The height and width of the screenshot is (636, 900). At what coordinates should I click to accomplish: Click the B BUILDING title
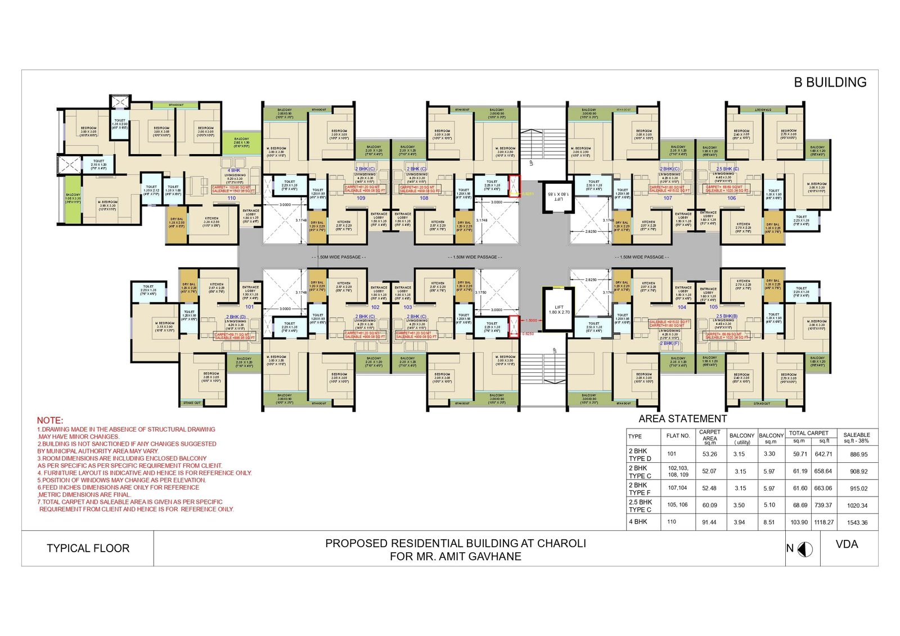(830, 82)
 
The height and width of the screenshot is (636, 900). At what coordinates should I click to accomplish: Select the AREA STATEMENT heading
(682, 419)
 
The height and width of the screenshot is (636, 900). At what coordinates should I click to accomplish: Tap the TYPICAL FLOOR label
(88, 548)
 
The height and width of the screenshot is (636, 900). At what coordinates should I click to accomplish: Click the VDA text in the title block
(847, 544)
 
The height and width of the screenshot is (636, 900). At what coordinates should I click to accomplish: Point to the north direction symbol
(805, 549)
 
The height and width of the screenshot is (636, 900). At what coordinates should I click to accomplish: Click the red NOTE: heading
(50, 421)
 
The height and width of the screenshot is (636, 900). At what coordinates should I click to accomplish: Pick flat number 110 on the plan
(231, 198)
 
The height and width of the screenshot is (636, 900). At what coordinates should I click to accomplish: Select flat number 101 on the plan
(249, 307)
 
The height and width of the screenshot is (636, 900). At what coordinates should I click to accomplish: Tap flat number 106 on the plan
(731, 198)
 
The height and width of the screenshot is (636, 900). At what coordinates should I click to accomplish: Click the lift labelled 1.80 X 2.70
(558, 309)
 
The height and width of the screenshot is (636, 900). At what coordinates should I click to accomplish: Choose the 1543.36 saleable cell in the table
(857, 522)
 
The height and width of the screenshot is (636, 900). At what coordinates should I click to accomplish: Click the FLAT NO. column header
(678, 436)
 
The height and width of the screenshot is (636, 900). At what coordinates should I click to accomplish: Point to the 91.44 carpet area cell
(709, 522)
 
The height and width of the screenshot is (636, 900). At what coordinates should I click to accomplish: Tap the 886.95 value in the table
(858, 454)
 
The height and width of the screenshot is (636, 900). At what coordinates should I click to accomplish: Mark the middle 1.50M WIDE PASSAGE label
(475, 257)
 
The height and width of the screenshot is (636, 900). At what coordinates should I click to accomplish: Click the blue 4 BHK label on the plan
(234, 170)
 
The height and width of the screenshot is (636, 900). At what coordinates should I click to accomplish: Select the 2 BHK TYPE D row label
(640, 455)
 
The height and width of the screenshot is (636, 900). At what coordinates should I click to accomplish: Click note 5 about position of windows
(121, 480)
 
